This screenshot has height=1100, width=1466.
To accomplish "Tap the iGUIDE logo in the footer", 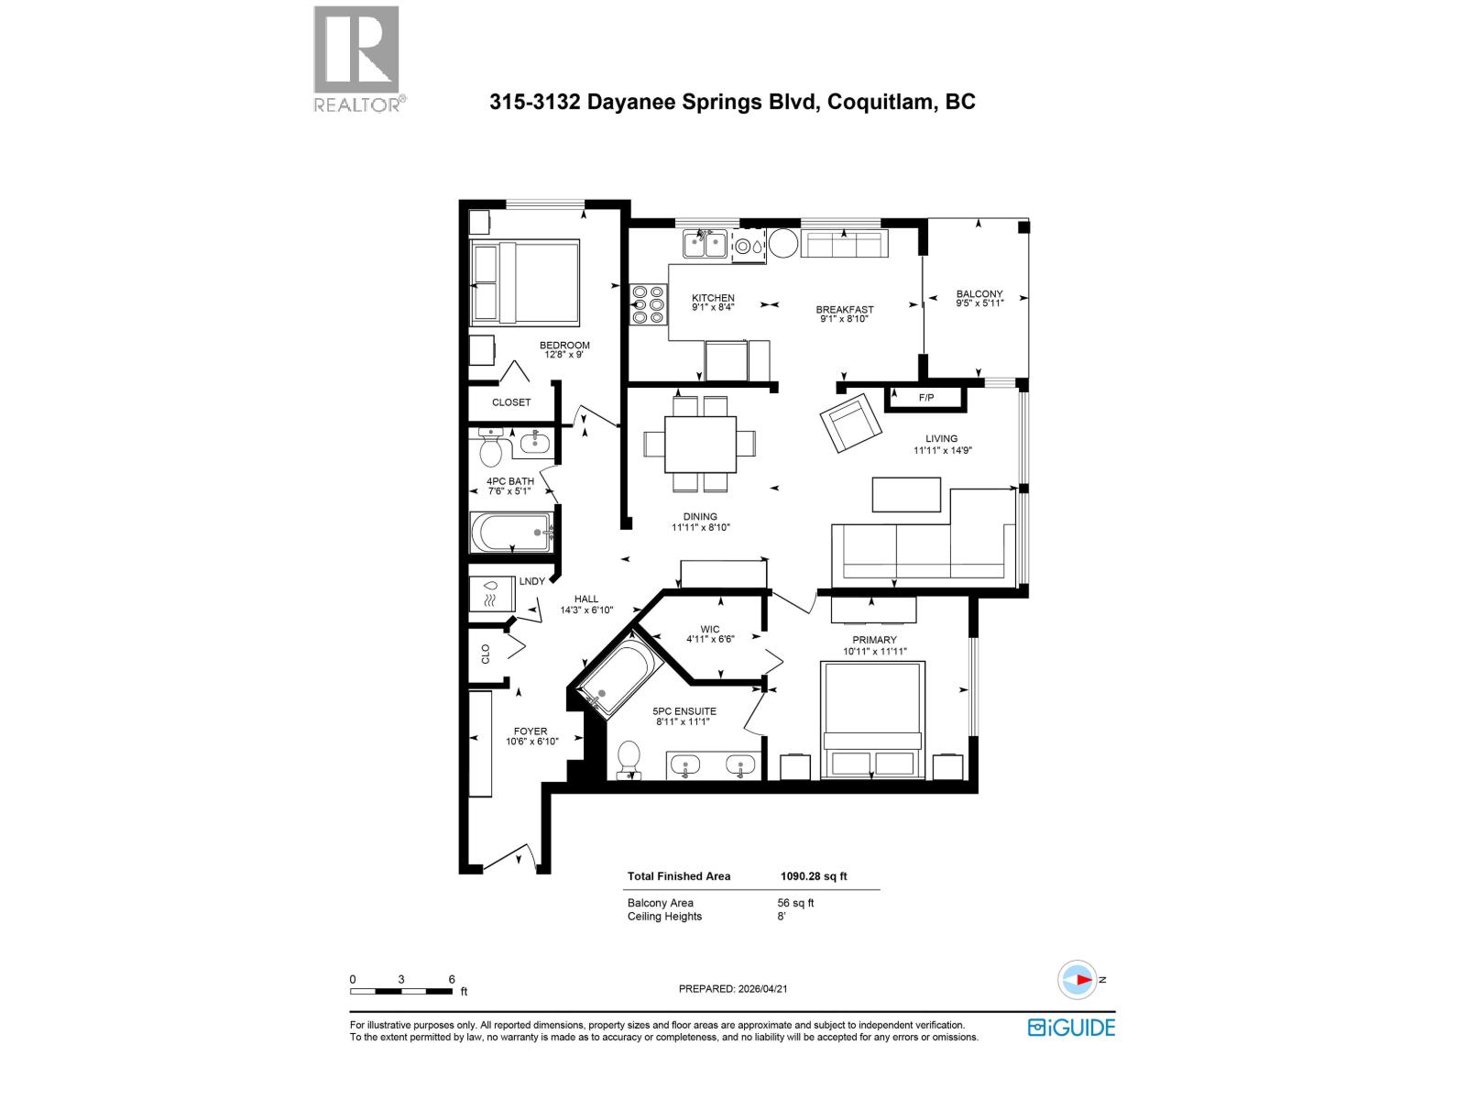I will click(x=1071, y=1027).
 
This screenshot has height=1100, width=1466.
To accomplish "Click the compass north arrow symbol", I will click(x=1078, y=979).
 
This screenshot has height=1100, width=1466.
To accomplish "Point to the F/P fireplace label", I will click(x=925, y=398).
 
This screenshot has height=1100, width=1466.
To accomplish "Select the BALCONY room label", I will click(x=979, y=294).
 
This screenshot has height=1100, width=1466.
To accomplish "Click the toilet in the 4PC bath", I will click(x=491, y=450).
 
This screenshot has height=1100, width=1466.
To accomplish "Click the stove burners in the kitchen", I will click(x=649, y=304).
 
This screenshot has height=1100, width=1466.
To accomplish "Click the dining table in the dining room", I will click(x=700, y=444).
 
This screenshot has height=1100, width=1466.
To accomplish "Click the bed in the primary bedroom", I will click(x=871, y=720).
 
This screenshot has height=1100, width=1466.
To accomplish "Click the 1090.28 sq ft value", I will click(x=814, y=876).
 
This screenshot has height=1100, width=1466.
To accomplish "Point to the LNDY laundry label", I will click(x=531, y=581).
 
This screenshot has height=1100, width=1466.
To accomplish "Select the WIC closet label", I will click(x=710, y=630).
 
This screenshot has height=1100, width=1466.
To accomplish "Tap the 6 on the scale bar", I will click(x=452, y=979).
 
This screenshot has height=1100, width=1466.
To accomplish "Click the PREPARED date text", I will click(x=733, y=989).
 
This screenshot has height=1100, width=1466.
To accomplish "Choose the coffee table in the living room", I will click(x=906, y=494).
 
